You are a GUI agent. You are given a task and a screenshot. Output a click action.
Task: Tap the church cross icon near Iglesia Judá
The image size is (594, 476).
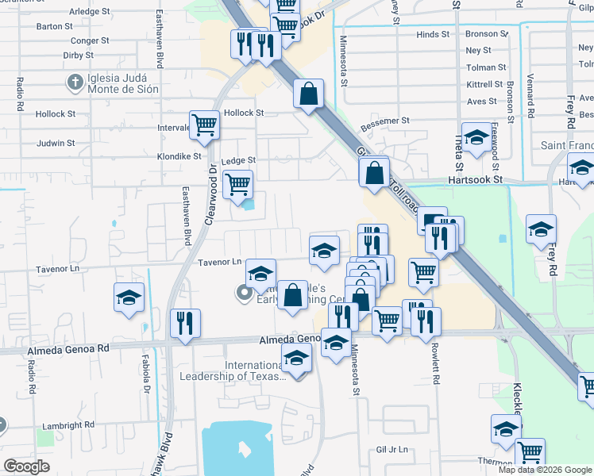point(75,82)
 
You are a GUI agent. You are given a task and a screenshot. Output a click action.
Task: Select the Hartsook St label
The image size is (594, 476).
point(476,180)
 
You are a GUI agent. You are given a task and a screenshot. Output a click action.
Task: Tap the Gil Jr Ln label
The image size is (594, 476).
point(392,449)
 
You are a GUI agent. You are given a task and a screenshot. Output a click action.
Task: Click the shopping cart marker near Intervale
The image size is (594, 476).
point(204,125)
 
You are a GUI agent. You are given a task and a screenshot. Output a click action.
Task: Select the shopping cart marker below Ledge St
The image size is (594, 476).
point(237,186)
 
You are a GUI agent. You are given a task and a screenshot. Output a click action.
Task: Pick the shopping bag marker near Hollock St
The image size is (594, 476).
point(308,94)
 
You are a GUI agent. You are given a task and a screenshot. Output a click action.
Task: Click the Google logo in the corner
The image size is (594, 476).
point(26,466)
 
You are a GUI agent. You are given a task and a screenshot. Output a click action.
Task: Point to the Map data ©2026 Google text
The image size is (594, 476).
point(545,470)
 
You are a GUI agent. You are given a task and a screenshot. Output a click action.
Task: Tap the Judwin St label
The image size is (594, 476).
point(56,144)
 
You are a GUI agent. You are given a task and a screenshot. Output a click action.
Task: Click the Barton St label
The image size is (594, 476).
point(55,26)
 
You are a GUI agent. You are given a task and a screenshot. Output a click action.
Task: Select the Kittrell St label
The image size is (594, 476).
point(485,84)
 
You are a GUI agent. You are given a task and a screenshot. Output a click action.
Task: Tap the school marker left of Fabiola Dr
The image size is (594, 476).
point(129,298)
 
